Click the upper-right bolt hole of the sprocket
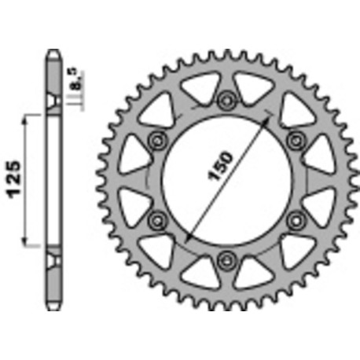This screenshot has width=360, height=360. coord(297,139)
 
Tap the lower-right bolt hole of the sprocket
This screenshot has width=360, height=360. coord(297,219)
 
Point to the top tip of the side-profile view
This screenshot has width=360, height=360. coord(53,53)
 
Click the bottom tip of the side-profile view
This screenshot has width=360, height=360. coord(53,307)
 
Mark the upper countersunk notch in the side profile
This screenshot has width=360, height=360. coord(53,102)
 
